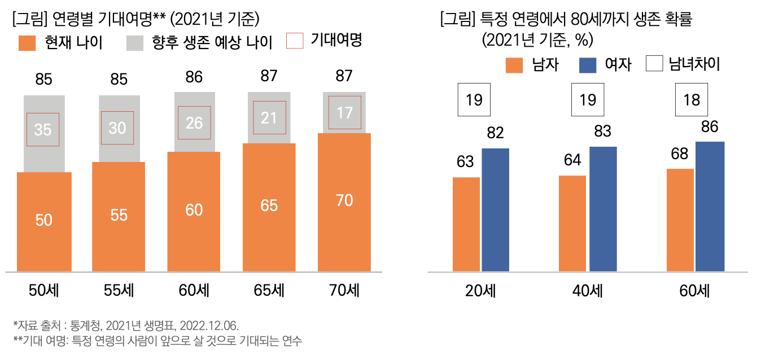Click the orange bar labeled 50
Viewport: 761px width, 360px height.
tap(44, 221)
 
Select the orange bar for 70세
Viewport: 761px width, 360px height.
tap(344, 202)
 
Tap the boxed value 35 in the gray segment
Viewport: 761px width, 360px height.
tap(43, 130)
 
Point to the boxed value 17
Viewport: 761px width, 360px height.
tap(344, 112)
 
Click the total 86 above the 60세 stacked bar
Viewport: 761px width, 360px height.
tap(194, 77)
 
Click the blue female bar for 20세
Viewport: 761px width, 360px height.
tap(495, 209)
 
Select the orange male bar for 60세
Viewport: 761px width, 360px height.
tap(680, 219)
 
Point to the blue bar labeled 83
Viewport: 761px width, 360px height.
tap(603, 209)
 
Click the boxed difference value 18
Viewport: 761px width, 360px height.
tap(692, 100)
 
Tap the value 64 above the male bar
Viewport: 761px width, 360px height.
tap(572, 160)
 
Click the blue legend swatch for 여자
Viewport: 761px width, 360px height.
tap(588, 65)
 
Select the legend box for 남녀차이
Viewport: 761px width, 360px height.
tap(655, 64)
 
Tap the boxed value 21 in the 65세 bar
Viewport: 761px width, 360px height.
tap(269, 117)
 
